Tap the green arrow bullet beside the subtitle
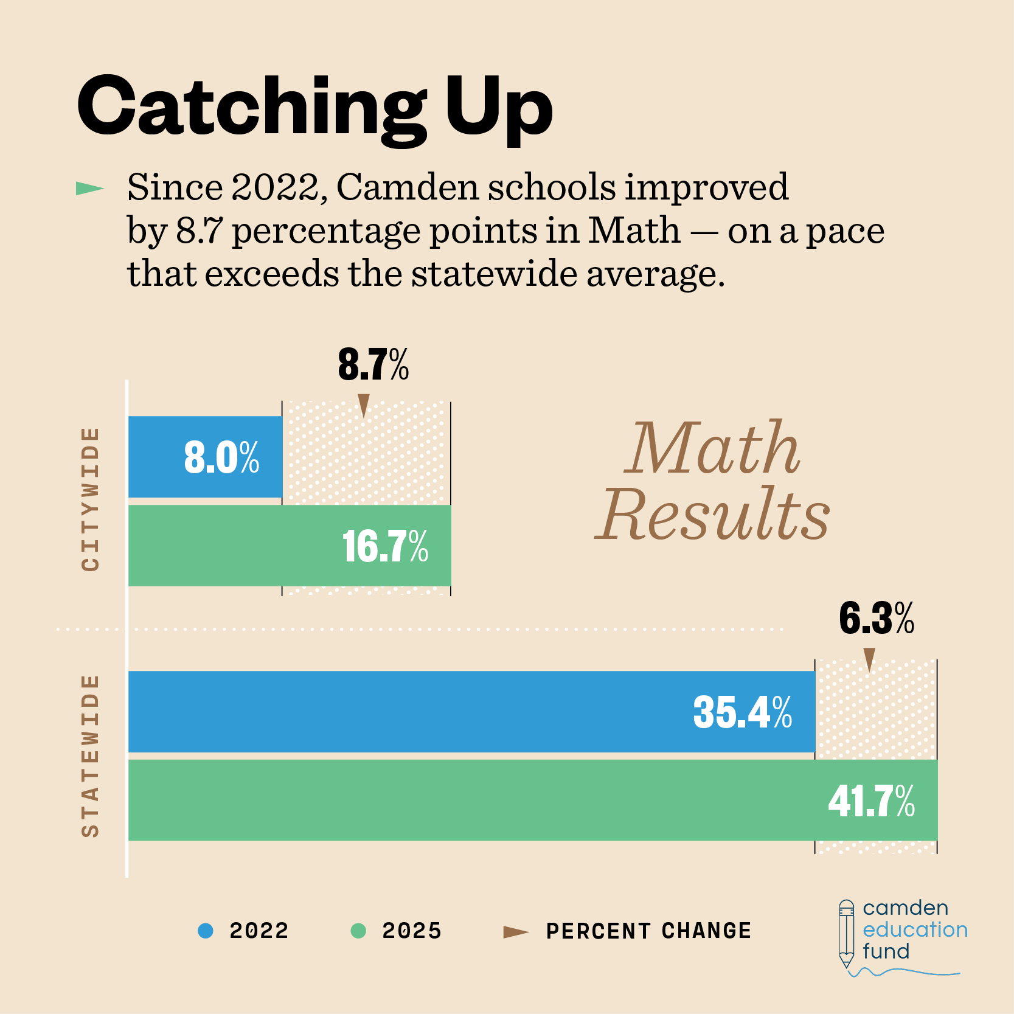pos(89,189)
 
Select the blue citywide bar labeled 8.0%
pos(205,457)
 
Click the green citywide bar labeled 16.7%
pos(290,546)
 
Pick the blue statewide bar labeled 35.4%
pos(471,712)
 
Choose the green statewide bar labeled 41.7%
pos(532,800)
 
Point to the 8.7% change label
pos(373,366)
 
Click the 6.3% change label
pos(876,619)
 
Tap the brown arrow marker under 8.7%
pos(364,405)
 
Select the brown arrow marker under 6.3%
pos(869,659)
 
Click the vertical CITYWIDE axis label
pos(90,499)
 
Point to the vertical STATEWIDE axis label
pos(90,755)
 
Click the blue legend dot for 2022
pos(206,931)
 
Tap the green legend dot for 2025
pos(358,931)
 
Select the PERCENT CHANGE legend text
pos(648,931)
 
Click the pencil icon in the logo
pos(846,934)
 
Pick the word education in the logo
pos(915,929)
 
